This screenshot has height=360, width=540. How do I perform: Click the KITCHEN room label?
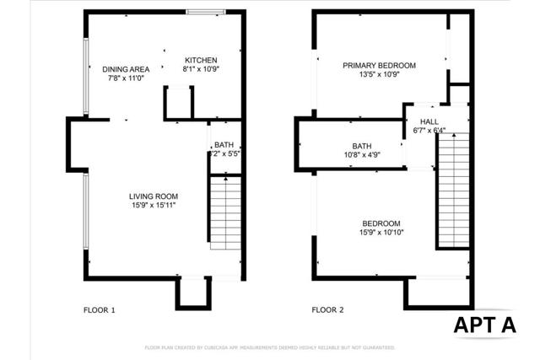(201, 61)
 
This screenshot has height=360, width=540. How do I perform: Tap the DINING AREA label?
(127, 69)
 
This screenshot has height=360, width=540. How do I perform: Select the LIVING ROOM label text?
(154, 196)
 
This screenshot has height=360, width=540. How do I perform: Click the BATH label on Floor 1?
(224, 145)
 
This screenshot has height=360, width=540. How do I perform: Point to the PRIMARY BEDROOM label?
(379, 65)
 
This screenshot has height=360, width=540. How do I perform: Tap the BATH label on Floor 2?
(362, 145)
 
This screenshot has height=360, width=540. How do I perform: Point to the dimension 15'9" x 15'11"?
(154, 205)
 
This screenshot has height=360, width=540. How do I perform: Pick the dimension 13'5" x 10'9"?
(379, 74)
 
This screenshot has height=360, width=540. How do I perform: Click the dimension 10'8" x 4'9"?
(362, 154)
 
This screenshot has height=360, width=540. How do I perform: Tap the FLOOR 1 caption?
(100, 310)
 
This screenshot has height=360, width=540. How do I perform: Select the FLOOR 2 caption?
(328, 310)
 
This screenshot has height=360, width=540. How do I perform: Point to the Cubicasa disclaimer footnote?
(269, 347)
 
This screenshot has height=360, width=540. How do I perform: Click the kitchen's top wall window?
(205, 12)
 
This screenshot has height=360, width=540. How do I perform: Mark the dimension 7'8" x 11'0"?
(127, 78)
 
